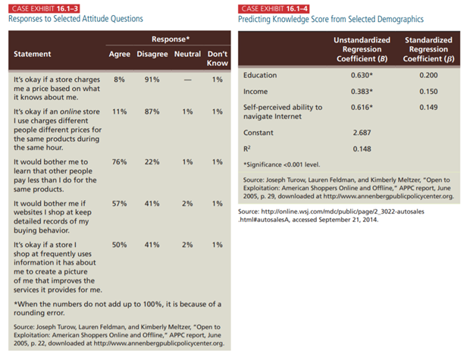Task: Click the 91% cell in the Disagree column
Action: click(152, 80)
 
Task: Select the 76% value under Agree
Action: click(119, 162)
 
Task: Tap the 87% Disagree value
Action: click(152, 111)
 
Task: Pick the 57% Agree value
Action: click(119, 204)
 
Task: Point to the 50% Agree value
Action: click(119, 246)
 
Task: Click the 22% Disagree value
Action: click(152, 162)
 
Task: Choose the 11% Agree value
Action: click(119, 111)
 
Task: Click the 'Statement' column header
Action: click(33, 54)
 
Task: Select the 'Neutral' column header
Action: click(186, 54)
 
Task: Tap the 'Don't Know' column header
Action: click(218, 58)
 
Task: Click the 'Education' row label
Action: click(260, 76)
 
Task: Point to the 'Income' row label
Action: click(255, 91)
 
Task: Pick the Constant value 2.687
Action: click(362, 133)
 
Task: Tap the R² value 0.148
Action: click(362, 149)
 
